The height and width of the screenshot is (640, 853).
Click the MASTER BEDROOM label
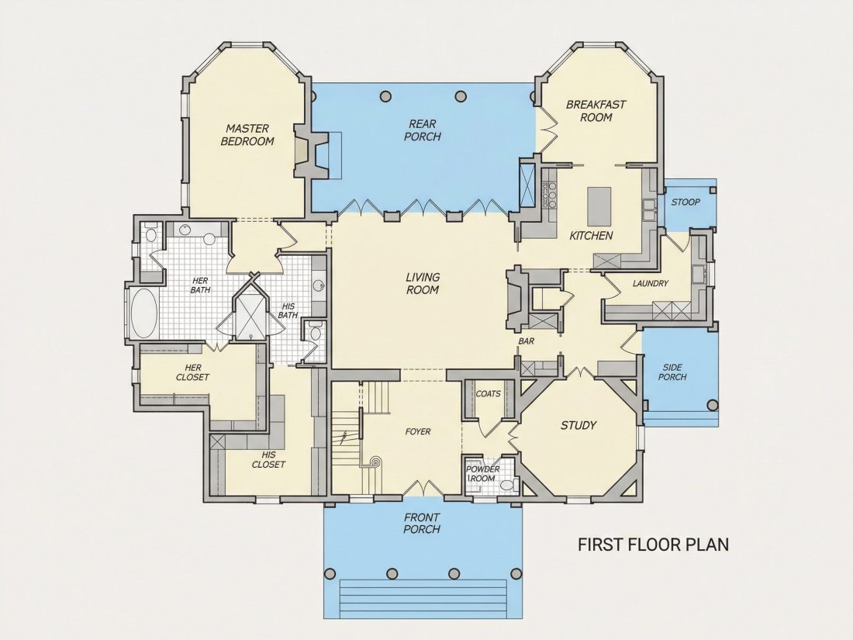coord(247,135)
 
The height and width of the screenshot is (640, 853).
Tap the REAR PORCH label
coord(422,130)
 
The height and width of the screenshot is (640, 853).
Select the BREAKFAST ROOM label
coord(596,110)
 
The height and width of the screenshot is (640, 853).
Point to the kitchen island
coord(599,206)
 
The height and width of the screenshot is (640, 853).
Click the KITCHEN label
coord(592,236)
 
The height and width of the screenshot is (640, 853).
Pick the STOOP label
coord(686,202)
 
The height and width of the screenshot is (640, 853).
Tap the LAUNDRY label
coord(651,283)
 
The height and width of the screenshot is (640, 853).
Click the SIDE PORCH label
coord(673,372)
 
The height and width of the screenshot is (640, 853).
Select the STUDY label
coord(578,426)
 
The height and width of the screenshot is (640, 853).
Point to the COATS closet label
coord(488,394)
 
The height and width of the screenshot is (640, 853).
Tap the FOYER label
coord(418,431)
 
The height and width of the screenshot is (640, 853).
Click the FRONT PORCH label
coord(422,523)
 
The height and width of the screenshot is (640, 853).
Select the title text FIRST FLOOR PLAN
coord(654,545)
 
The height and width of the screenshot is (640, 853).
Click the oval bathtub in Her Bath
coord(144,313)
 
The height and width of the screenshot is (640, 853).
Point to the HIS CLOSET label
coord(269,460)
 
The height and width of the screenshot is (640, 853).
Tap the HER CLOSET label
coord(192,373)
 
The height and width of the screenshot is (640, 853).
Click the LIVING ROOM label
coord(423,283)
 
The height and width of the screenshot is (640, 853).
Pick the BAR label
coord(526,342)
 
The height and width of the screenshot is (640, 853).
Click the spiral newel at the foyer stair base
coord(375,462)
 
